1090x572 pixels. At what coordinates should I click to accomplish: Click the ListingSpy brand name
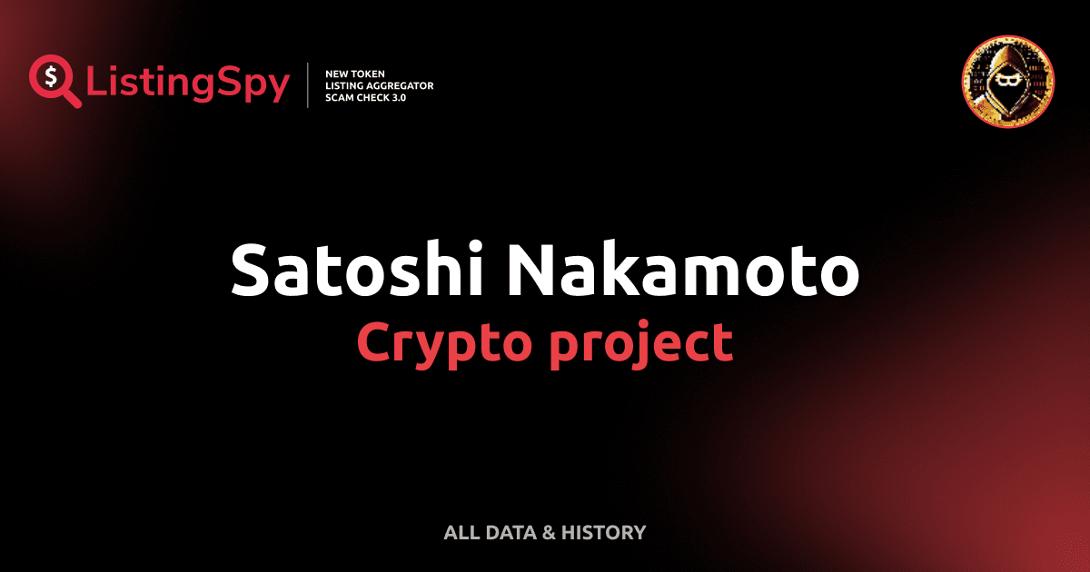click(188, 84)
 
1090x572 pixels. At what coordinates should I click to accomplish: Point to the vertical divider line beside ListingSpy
click(308, 85)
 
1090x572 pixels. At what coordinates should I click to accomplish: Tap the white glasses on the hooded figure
click(1007, 82)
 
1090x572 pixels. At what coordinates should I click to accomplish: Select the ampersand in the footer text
click(548, 532)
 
